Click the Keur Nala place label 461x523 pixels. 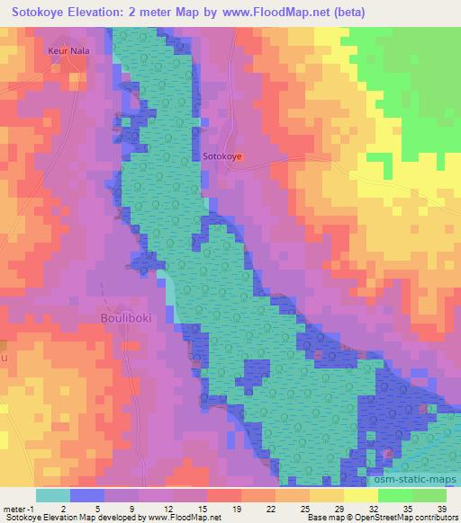point(66,52)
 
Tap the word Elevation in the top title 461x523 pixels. point(103,13)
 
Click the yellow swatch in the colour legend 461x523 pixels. point(360,493)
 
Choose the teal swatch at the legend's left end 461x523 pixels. point(53,493)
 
